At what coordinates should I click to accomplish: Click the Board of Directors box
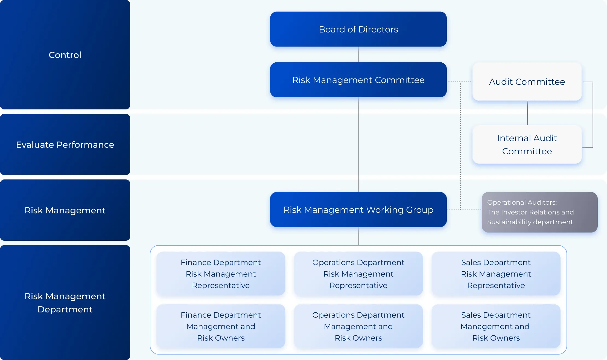click(358, 29)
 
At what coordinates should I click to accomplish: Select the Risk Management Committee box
click(358, 80)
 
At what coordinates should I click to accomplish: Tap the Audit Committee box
click(527, 82)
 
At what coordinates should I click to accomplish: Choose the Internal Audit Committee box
click(527, 144)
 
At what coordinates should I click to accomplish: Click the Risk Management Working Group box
click(358, 210)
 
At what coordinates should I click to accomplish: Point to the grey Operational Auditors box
click(539, 212)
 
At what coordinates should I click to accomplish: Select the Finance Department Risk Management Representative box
click(221, 274)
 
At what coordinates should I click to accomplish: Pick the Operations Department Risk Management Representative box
click(358, 274)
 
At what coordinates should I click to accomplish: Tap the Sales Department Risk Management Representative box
click(496, 274)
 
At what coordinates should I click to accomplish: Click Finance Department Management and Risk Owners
click(221, 326)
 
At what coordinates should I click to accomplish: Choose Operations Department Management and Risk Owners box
click(358, 326)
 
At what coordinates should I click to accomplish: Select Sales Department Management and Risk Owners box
click(496, 326)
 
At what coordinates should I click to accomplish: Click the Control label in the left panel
click(65, 55)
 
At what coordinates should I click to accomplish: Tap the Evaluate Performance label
click(65, 145)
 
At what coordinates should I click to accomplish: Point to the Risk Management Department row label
click(65, 303)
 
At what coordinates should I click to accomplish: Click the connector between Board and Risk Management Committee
click(358, 54)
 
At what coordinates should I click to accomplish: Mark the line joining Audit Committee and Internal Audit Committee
click(527, 113)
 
